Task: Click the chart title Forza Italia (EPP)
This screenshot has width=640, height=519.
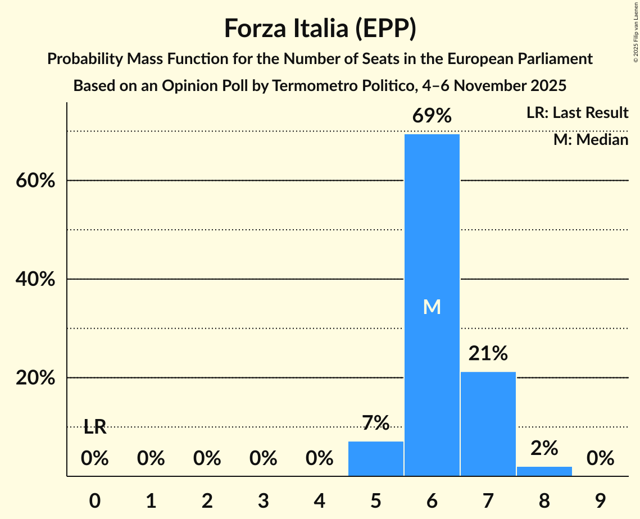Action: point(320,28)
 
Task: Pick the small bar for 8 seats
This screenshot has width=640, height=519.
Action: point(544,471)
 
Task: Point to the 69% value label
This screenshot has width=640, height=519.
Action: point(432,116)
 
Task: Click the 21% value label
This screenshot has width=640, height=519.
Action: point(488,354)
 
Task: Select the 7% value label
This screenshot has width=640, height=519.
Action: point(375,423)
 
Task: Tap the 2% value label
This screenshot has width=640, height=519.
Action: point(544,448)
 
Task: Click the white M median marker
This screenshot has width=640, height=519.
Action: point(432,307)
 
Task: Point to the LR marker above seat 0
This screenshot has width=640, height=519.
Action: point(95,427)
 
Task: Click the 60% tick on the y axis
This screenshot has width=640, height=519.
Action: point(35,181)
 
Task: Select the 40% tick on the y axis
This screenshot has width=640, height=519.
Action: point(35,279)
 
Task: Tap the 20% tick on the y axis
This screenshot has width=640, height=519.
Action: point(35,378)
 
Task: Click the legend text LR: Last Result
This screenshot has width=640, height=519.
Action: point(577,113)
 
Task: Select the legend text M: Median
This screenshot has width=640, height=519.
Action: point(591,139)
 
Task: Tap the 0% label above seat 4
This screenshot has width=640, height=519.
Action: point(319,459)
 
